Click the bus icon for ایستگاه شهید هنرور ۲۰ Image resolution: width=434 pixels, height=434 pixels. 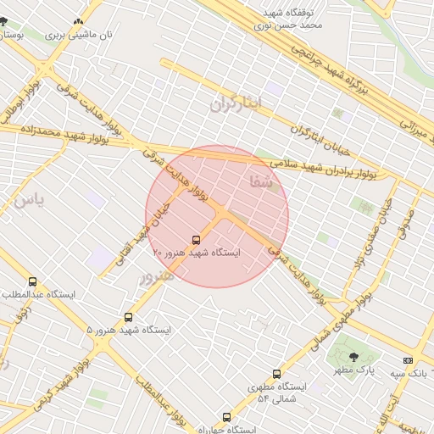(197, 240)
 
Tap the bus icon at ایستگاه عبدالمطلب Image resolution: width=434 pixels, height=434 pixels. (33, 281)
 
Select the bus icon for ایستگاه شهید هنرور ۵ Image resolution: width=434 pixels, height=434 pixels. (129, 317)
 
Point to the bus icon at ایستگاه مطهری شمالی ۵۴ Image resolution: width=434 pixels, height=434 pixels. (276, 374)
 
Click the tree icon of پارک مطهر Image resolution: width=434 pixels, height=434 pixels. (354, 357)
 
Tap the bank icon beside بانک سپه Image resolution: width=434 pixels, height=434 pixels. (408, 360)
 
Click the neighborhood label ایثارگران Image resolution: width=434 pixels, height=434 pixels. (237, 104)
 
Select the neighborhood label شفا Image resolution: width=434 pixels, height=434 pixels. (263, 181)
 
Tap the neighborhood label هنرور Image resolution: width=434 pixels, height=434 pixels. (157, 277)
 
